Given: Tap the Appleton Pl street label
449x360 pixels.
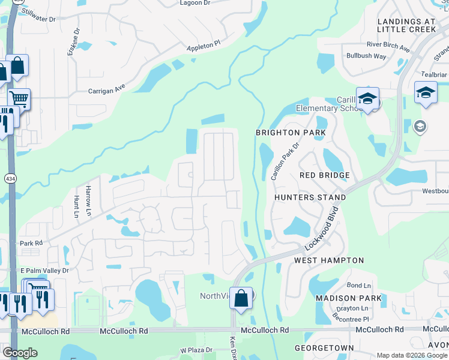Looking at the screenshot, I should [x=203, y=46].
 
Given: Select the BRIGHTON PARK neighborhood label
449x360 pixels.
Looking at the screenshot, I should [x=291, y=133].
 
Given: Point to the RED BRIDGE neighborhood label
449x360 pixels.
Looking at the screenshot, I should [x=325, y=175].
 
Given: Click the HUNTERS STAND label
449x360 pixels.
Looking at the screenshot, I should [x=310, y=197].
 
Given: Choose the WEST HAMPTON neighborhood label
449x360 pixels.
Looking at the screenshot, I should [x=329, y=260].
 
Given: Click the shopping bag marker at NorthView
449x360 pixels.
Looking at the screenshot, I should [x=241, y=298].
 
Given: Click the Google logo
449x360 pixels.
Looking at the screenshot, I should [x=20, y=353].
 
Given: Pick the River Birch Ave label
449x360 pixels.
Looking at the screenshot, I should [x=388, y=45].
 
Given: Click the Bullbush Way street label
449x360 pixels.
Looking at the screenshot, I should [x=366, y=56].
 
